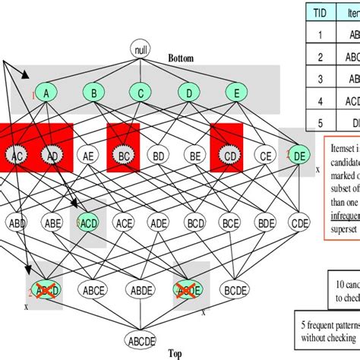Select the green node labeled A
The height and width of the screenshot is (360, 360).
(x=46, y=93)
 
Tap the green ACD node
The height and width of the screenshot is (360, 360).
(x=88, y=223)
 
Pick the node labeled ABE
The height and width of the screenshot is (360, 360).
(x=53, y=223)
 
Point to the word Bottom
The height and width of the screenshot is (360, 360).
(x=182, y=58)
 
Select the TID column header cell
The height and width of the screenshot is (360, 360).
(x=320, y=12)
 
